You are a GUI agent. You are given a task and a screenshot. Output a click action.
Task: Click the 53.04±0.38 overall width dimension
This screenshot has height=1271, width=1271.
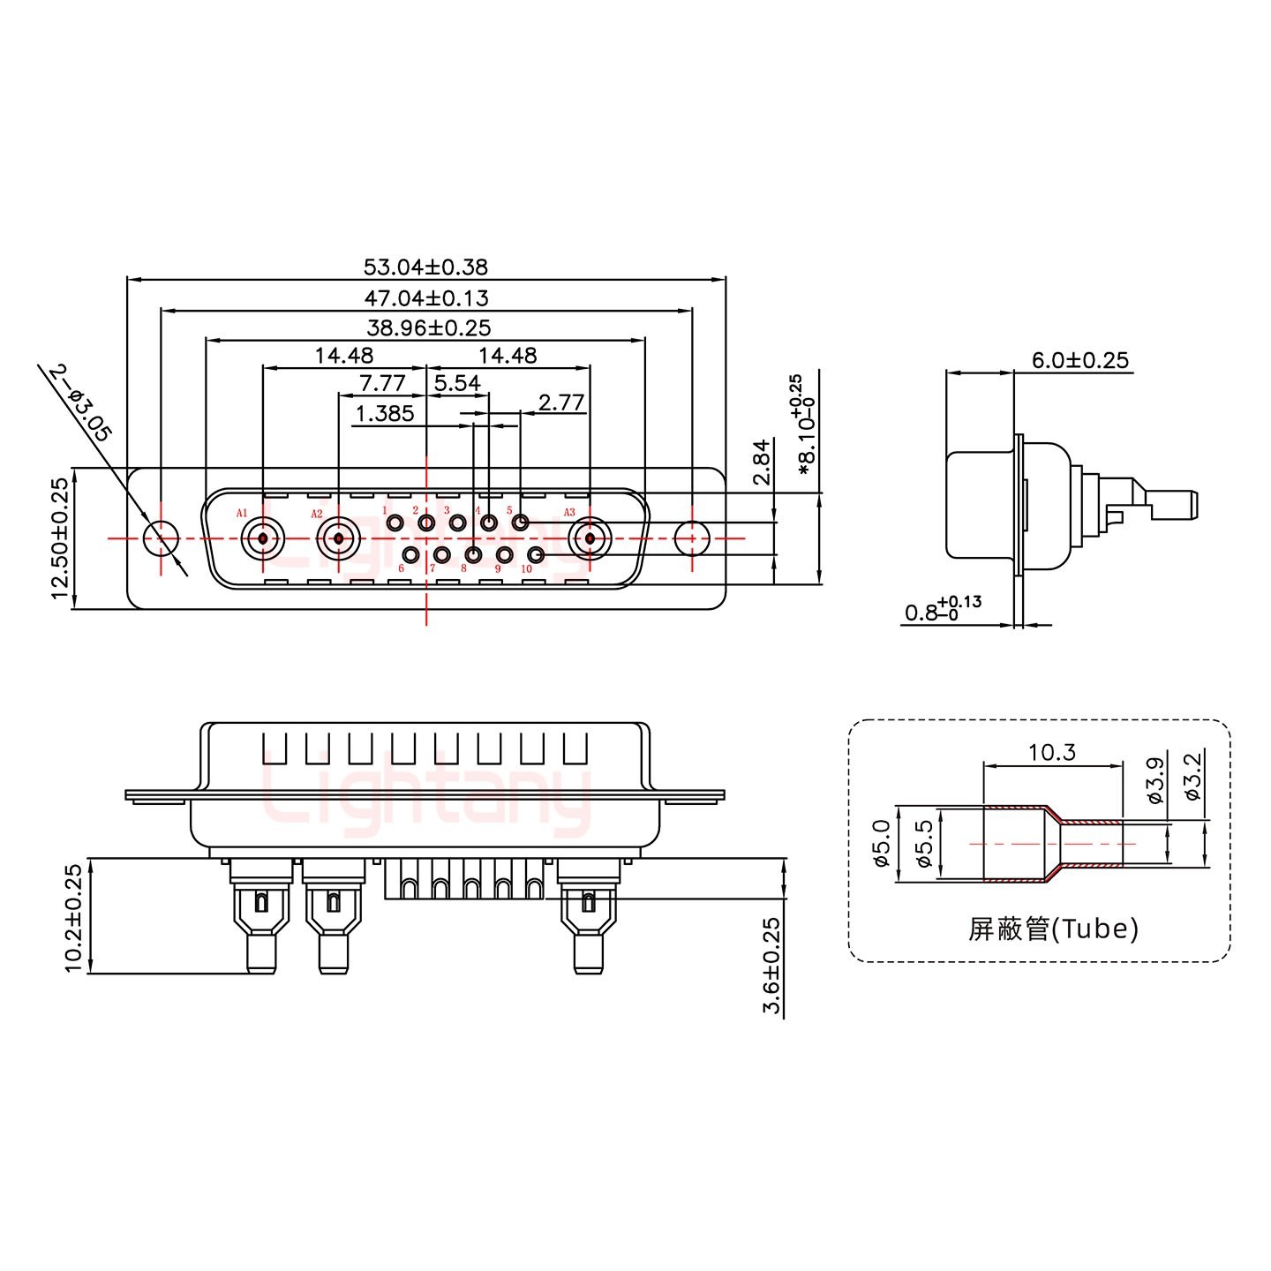(x=425, y=266)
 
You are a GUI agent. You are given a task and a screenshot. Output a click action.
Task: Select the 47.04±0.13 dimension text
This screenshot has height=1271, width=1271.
(x=425, y=297)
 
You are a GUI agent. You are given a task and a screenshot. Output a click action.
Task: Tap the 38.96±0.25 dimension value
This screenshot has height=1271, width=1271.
(x=428, y=327)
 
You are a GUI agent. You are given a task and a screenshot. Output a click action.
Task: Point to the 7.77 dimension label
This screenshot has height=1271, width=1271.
(x=382, y=383)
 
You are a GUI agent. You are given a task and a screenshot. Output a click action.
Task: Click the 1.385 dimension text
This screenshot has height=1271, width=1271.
(x=384, y=413)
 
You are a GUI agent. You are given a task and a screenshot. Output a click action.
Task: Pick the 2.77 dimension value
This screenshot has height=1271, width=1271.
(x=561, y=402)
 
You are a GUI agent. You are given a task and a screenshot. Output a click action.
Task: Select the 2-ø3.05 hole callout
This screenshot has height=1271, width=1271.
(x=81, y=403)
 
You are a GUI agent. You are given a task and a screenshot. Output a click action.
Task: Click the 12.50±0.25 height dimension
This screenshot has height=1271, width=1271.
(x=60, y=538)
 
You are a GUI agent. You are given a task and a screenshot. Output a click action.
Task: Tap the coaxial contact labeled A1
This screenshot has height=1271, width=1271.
(x=263, y=537)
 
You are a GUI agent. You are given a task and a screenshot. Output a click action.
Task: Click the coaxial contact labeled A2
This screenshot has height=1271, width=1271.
(x=338, y=537)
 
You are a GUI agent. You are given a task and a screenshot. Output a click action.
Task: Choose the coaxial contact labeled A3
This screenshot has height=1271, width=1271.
(x=589, y=537)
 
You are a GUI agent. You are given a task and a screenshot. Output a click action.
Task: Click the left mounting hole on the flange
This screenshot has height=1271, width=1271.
(x=161, y=538)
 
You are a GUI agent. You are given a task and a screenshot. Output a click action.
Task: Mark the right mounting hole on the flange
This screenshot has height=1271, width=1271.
(x=692, y=538)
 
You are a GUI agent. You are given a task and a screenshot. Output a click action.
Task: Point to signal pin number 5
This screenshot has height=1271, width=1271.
(x=520, y=523)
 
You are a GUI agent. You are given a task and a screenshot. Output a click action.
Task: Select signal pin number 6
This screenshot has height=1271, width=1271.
(x=411, y=554)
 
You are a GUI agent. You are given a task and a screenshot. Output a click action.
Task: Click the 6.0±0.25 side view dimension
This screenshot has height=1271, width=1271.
(x=1079, y=360)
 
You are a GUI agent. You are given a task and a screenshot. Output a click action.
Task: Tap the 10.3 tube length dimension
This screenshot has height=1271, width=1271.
(x=1051, y=752)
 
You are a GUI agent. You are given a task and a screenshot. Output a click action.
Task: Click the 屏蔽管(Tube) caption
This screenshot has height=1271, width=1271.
(x=1052, y=929)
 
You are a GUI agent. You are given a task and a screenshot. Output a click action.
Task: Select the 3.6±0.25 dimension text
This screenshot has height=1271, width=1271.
(x=771, y=966)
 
